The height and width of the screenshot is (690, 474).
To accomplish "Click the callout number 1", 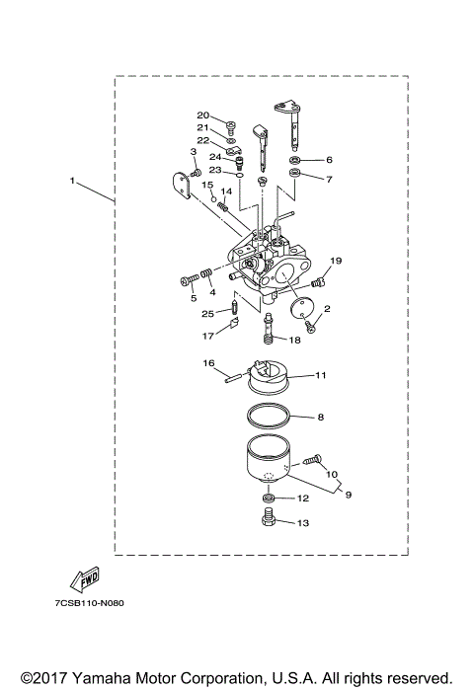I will pyautogui.click(x=72, y=181).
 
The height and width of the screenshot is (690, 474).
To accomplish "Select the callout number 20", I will pyautogui.click(x=202, y=115).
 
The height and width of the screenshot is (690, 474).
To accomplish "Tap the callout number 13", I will pyautogui.click(x=303, y=523).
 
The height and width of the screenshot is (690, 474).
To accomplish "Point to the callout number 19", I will pyautogui.click(x=335, y=261).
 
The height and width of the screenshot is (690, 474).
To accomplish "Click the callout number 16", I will pyautogui.click(x=209, y=362).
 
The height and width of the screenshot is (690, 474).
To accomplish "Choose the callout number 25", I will pyautogui.click(x=208, y=314).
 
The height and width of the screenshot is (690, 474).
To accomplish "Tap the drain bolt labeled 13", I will pyautogui.click(x=269, y=521).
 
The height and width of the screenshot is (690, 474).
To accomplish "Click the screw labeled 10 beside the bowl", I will pyautogui.click(x=313, y=460).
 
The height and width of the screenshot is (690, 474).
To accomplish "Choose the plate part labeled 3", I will pyautogui.click(x=179, y=185).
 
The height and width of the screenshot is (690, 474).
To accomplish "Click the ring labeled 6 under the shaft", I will pyautogui.click(x=296, y=159).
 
